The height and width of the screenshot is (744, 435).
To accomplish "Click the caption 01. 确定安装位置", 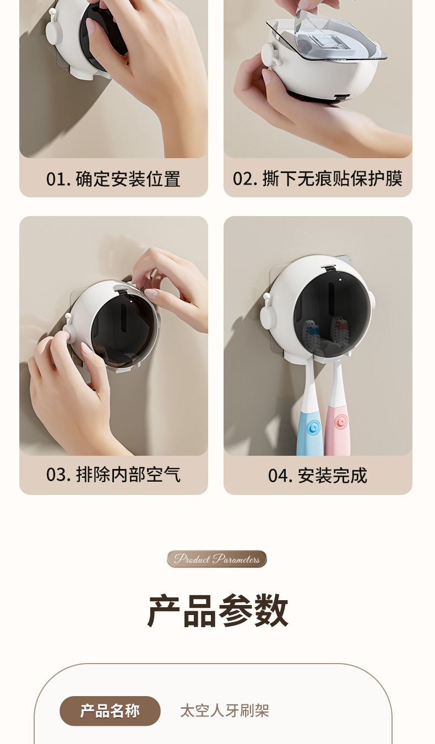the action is (x=113, y=179).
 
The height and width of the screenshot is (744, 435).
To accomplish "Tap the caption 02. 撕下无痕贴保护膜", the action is (x=318, y=179).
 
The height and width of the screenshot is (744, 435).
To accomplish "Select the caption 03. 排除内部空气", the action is (x=113, y=475).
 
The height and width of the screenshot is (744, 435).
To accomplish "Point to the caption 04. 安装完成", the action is (x=318, y=475).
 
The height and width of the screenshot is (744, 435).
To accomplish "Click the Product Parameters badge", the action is (x=216, y=559).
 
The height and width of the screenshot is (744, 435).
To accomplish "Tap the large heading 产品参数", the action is (x=218, y=611).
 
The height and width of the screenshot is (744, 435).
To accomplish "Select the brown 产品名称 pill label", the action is (x=110, y=711).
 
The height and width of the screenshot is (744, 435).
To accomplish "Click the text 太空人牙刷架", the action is (x=225, y=711).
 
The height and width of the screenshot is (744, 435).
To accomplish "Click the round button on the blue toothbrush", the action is (x=312, y=428).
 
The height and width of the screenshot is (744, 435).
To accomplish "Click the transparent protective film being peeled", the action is (x=327, y=38).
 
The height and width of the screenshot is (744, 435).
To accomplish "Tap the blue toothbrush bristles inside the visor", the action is (x=311, y=334).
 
